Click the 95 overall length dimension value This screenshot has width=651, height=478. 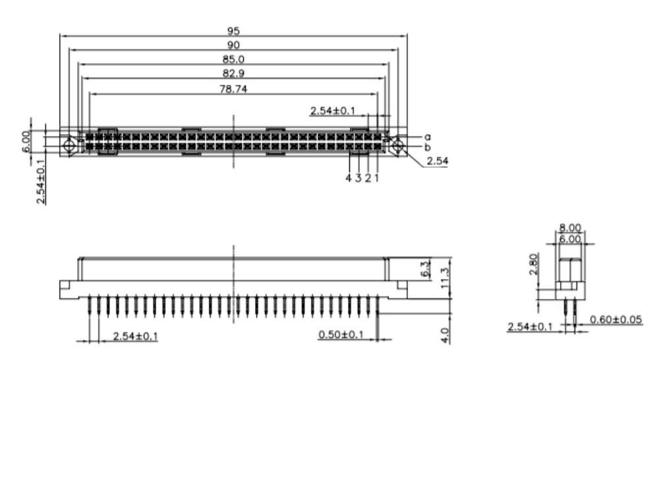click(x=233, y=31)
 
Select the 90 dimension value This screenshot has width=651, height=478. click(x=233, y=45)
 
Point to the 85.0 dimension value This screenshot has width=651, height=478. click(x=233, y=59)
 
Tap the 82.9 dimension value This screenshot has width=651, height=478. click(x=233, y=74)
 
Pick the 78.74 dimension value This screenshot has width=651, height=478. click(x=233, y=89)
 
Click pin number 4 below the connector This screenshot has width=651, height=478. click(x=349, y=178)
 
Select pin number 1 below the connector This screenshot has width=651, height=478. click(x=377, y=178)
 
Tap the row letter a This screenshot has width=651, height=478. click(x=428, y=137)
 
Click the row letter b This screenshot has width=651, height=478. click(x=428, y=147)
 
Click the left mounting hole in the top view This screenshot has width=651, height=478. click(x=69, y=146)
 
